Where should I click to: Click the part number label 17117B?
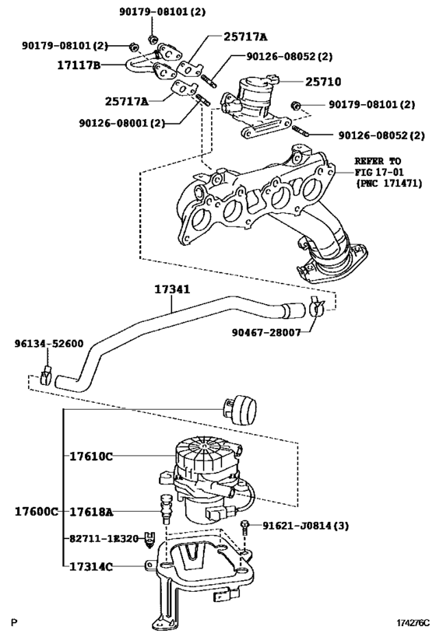pos(77,66)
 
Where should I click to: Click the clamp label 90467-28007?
pos(265,333)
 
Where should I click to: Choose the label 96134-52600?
pos(48,344)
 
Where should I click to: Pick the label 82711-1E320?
pos(102,538)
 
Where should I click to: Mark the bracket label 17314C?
pos(90,567)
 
